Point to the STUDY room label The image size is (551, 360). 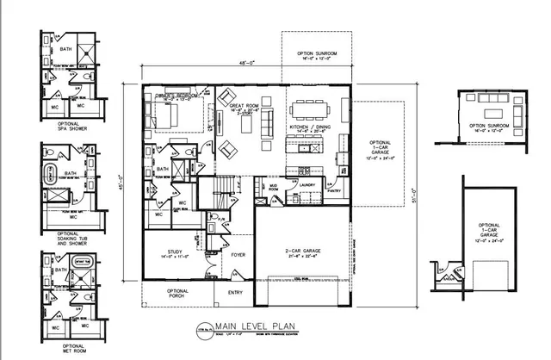(x=172, y=254)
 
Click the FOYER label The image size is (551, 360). (x=238, y=254)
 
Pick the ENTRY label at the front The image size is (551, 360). (x=233, y=293)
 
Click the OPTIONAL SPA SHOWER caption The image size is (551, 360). (x=69, y=127)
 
